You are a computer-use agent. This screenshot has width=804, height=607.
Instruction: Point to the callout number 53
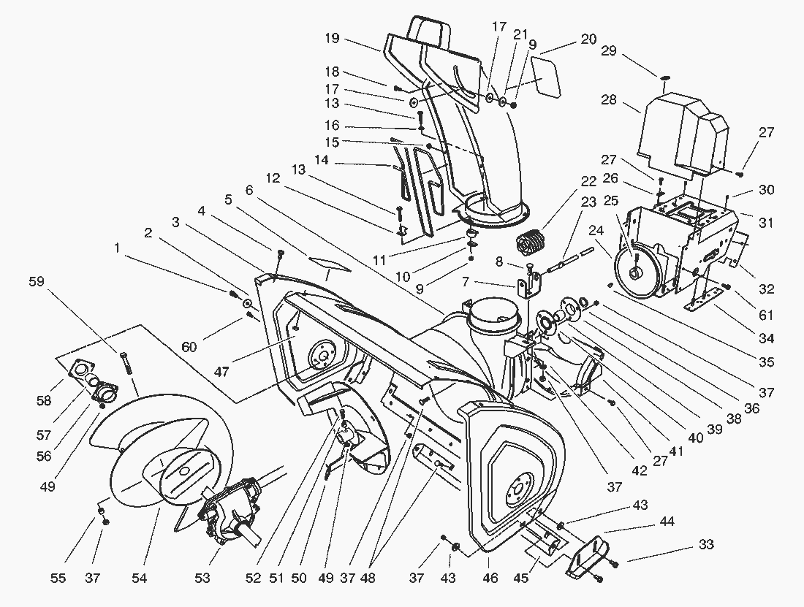(x=202, y=579)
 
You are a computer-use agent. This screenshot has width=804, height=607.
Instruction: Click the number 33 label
(x=706, y=545)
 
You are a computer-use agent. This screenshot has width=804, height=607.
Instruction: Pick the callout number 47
(x=221, y=372)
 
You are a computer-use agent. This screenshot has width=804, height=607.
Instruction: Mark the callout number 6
(x=249, y=189)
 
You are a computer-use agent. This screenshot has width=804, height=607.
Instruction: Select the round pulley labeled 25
(x=633, y=270)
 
